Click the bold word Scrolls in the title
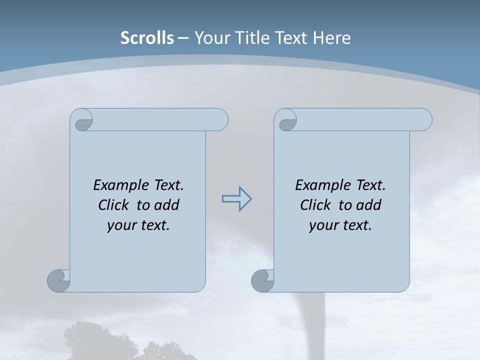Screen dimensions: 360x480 pos(147,37)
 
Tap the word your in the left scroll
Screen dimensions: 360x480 pos(121,225)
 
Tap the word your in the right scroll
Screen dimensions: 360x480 pos(323,225)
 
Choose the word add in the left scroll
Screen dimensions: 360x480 pos(167,205)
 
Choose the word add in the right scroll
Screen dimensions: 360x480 pos(369,205)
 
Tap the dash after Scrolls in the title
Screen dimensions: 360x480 pos(183,38)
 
